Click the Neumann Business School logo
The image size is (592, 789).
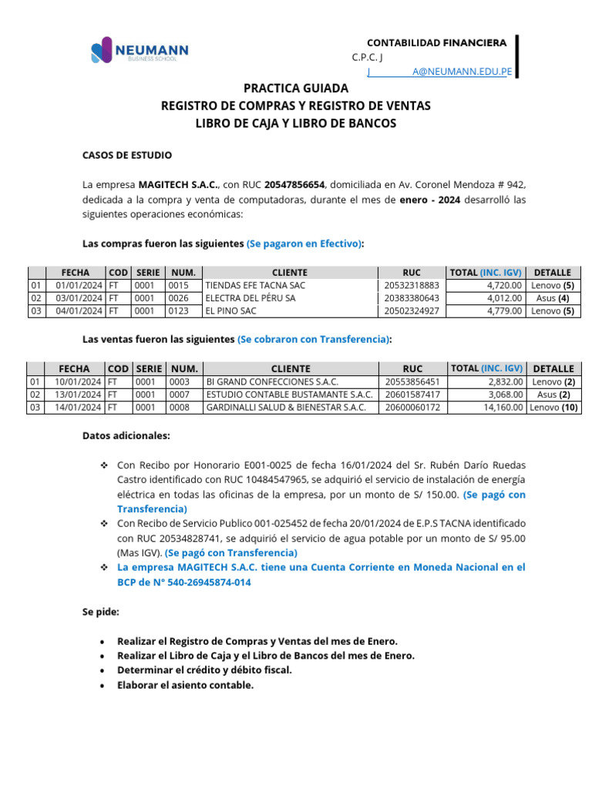(140, 52)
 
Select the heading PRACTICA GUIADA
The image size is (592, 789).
(296, 89)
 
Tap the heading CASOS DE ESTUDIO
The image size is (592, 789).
(127, 155)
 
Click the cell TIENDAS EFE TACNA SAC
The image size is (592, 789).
(244, 285)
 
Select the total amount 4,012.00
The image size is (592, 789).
(506, 298)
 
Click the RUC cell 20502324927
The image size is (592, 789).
(412, 311)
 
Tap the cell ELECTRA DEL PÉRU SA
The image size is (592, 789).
(239, 298)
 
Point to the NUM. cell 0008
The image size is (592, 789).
(180, 408)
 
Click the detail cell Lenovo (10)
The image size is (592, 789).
(554, 408)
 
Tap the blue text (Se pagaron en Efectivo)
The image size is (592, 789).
(304, 243)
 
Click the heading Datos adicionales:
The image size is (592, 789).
(126, 435)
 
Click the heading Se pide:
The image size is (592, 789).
(101, 612)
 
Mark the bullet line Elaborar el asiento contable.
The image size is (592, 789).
(185, 684)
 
